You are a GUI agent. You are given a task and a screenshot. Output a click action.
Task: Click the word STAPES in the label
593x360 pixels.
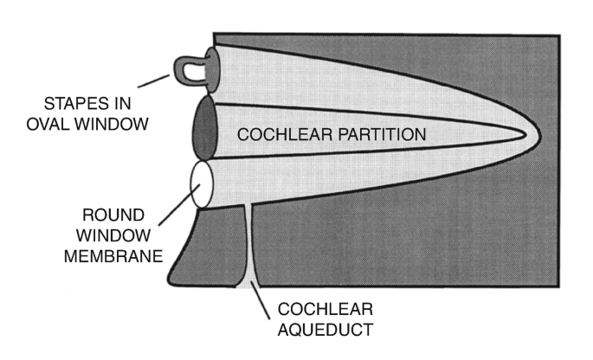(52, 100)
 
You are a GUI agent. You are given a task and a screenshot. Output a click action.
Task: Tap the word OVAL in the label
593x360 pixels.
(42, 123)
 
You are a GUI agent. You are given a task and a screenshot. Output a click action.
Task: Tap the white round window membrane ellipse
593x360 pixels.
(202, 184)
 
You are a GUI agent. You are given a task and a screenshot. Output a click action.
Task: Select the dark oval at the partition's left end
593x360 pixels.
(203, 128)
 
